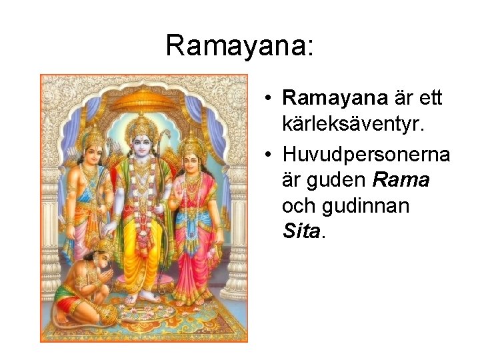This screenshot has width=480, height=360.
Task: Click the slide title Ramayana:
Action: pos(239,45)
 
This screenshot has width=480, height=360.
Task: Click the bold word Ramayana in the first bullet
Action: pos(335,98)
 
